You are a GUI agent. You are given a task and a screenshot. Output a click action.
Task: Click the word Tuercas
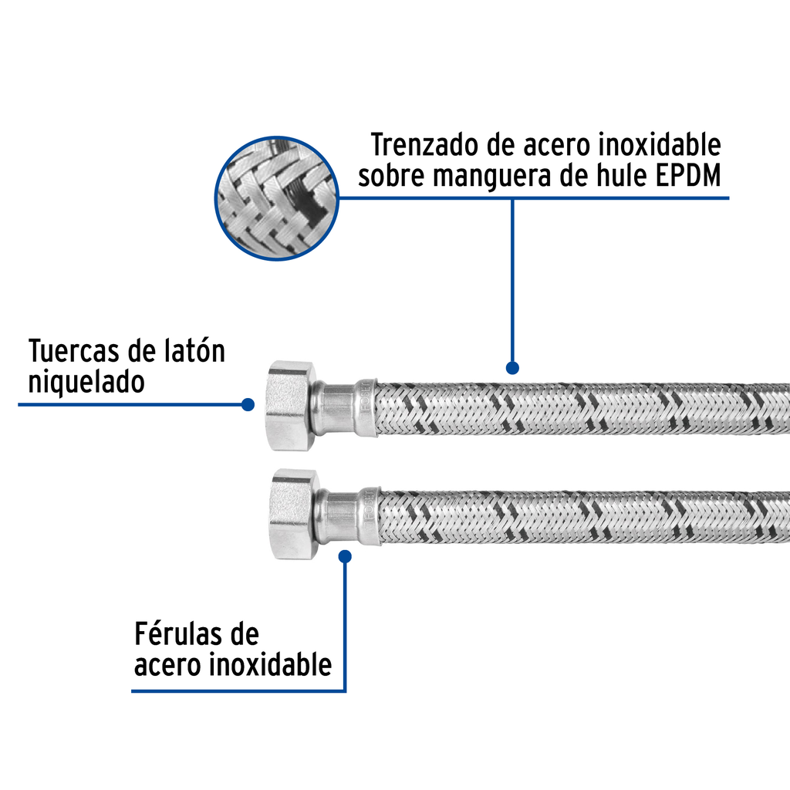(74, 351)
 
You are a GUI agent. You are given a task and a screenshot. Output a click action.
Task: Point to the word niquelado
(86, 382)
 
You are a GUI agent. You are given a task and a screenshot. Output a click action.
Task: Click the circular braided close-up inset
(275, 198)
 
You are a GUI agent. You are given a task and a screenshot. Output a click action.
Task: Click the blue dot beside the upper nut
(248, 404)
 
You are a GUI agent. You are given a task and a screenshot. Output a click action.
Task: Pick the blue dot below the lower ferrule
(345, 555)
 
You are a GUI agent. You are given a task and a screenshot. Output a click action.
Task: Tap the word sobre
(392, 176)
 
